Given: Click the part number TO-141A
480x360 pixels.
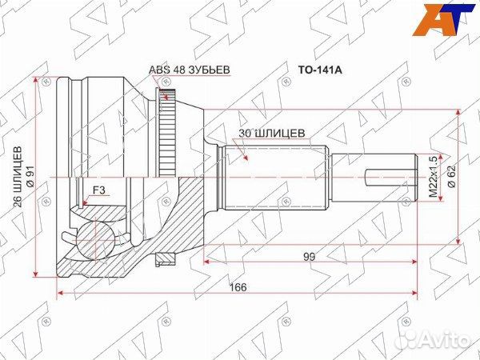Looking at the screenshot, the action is click(320, 70).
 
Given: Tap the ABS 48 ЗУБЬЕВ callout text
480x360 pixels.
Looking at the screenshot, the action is click(189, 70).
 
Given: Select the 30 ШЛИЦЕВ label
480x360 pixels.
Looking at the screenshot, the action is click(271, 133).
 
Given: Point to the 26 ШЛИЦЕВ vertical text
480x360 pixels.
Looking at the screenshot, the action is click(18, 177).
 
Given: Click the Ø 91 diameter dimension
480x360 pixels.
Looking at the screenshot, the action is click(30, 177).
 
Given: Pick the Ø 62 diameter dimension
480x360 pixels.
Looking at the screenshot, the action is click(451, 177).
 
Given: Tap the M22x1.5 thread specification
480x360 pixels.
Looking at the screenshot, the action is click(433, 177).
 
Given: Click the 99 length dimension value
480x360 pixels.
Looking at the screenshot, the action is click(310, 257).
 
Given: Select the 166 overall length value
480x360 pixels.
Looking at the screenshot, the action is click(238, 287).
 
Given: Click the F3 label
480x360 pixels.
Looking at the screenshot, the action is click(99, 190).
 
